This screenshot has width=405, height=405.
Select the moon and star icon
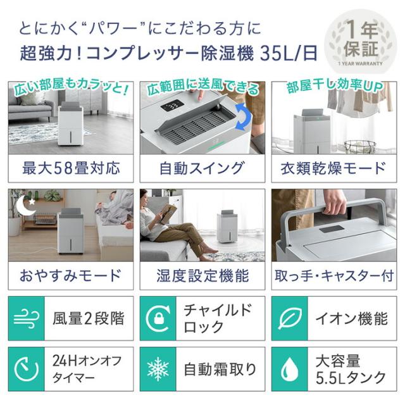(x=25, y=204)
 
